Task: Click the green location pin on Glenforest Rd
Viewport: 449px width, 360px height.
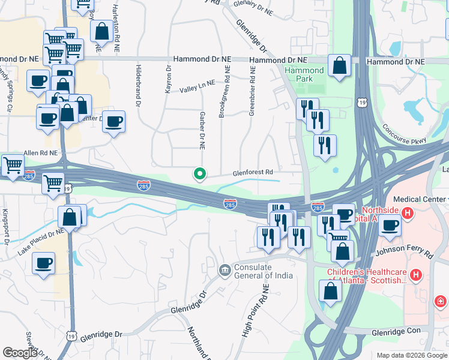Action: pos(200,174)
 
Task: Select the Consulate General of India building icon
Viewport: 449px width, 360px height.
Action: pos(224,271)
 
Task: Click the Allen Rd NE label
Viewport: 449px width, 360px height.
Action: pos(40,154)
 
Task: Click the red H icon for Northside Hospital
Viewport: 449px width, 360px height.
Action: pos(407,212)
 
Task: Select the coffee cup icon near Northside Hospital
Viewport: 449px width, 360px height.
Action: pos(390,226)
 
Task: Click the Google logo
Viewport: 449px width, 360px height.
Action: pos(19,353)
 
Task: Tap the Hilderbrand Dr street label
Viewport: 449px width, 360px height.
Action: pos(138,86)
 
